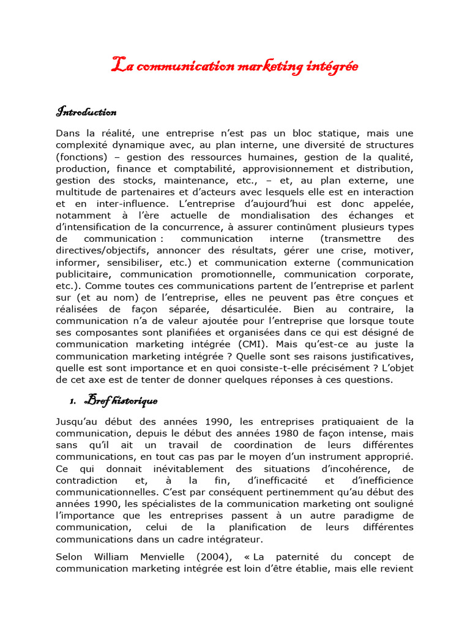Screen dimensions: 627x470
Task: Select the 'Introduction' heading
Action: point(86,112)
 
